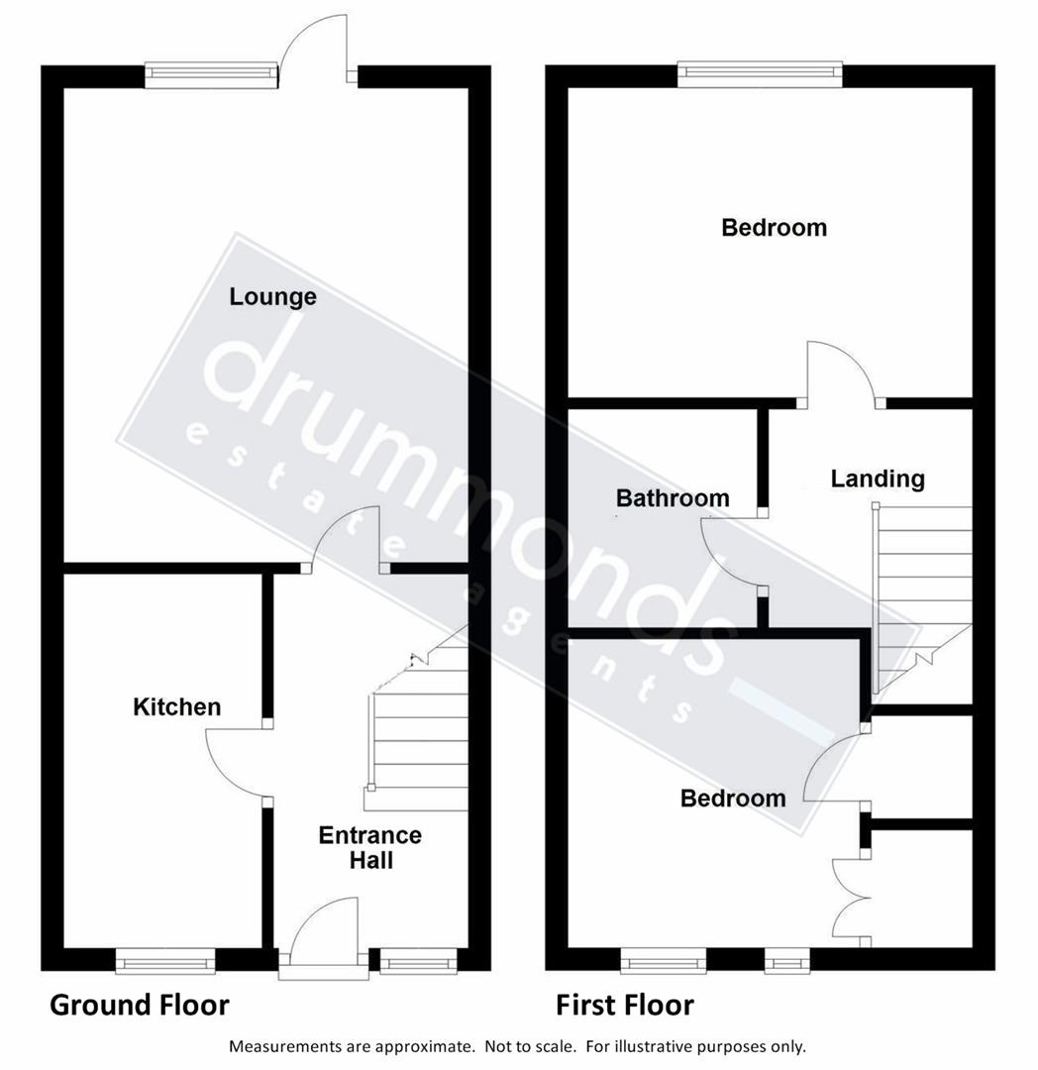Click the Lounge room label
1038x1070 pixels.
coord(272,296)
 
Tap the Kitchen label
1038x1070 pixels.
coord(177,706)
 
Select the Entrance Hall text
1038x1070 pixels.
coord(369,847)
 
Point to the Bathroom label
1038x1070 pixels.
coord(673,497)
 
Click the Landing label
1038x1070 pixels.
coord(878,479)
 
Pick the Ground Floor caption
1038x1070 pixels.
coord(140,1006)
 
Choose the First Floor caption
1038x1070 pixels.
coord(625,1006)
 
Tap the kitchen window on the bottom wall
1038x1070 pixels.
coord(164,959)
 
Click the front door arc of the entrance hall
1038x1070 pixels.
coord(322,931)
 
